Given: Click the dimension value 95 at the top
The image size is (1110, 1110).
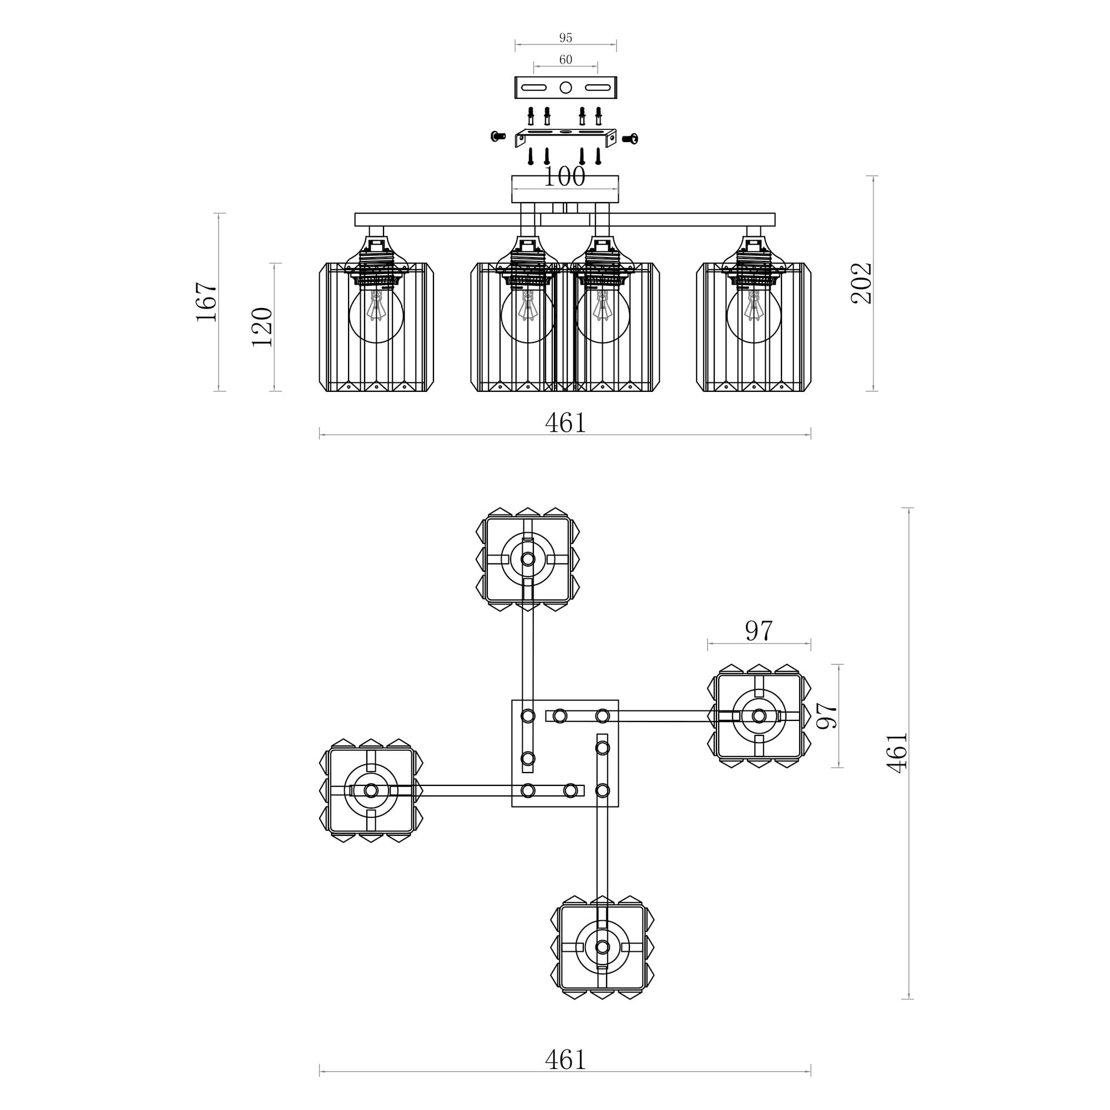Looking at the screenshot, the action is (x=566, y=38).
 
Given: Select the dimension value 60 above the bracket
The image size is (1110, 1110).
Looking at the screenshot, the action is (x=566, y=60).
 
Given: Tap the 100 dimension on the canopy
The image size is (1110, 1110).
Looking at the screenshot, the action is (x=564, y=177).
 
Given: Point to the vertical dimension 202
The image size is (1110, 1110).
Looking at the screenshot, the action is (x=861, y=283).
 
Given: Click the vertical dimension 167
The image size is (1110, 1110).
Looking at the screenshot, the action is (x=207, y=301).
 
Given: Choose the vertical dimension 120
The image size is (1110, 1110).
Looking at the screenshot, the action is (x=262, y=327).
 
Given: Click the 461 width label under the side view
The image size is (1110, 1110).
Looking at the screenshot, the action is (x=566, y=423).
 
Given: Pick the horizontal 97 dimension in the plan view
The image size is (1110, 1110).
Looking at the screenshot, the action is (x=759, y=631).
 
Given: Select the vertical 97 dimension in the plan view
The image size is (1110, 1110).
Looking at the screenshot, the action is (x=828, y=716).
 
